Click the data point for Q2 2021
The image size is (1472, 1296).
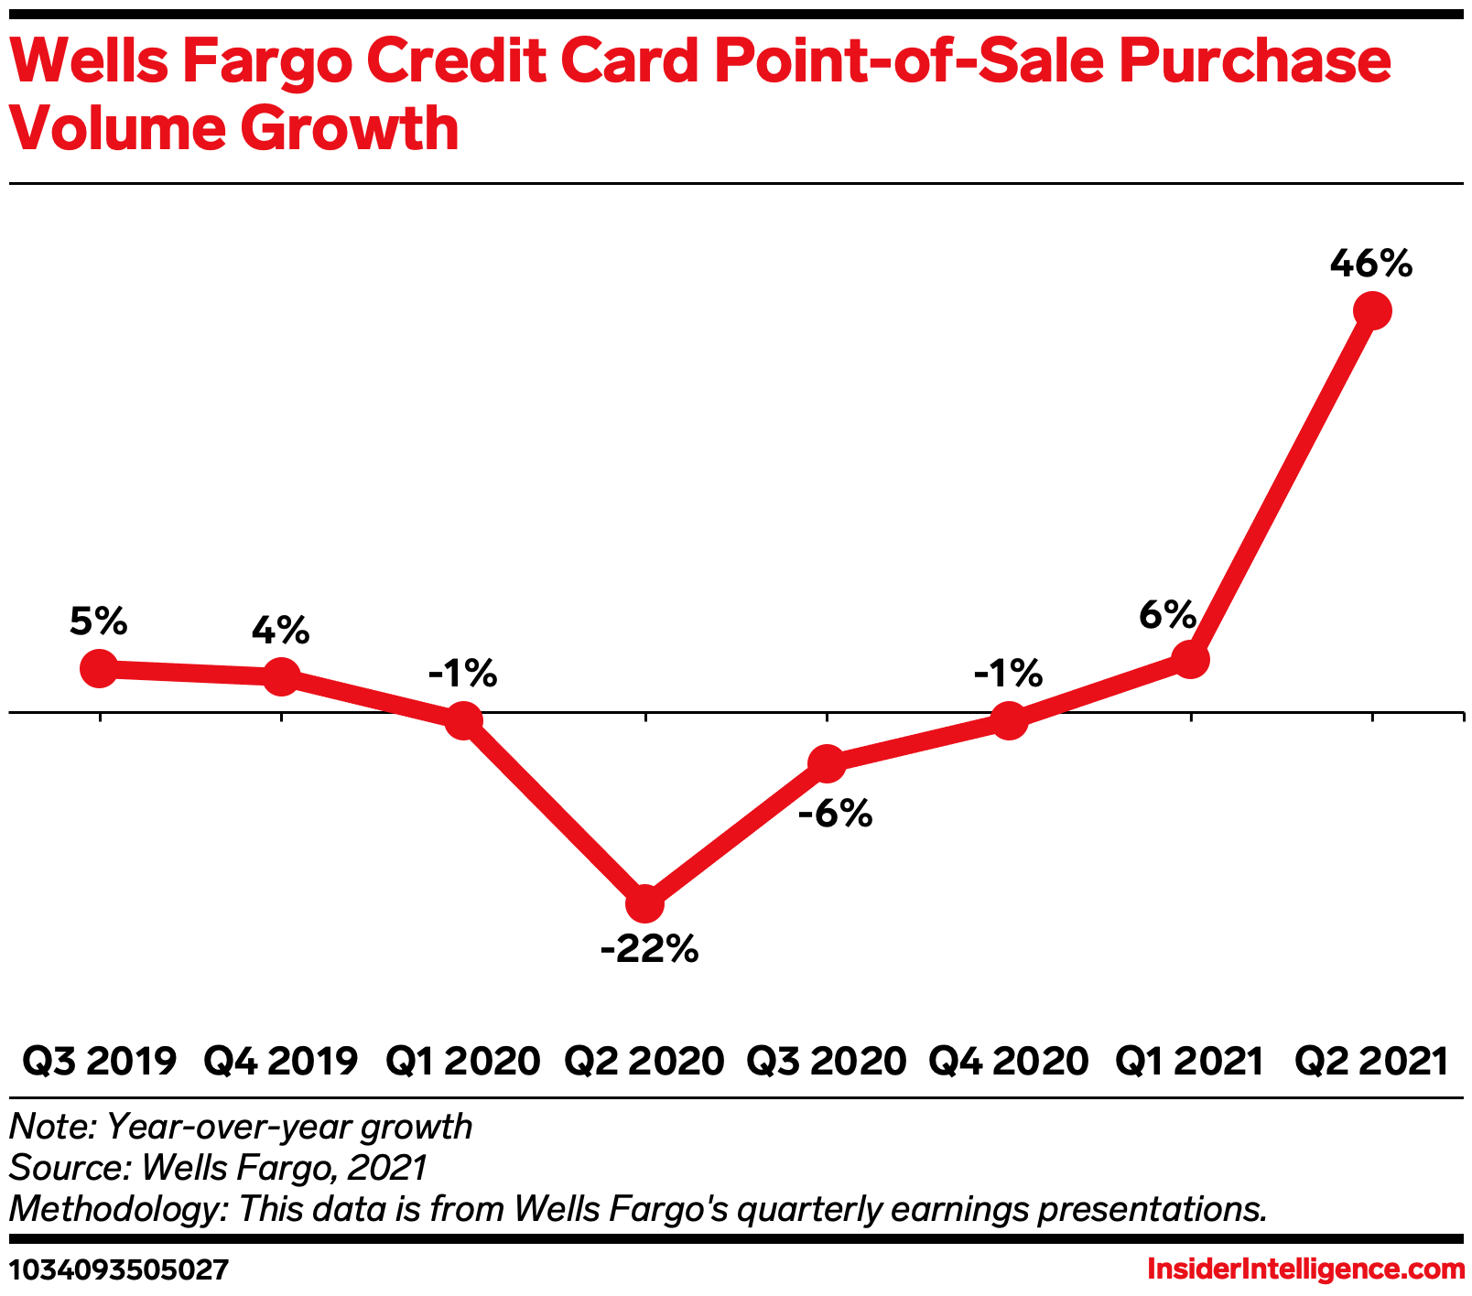point(1372,311)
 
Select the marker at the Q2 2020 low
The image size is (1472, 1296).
point(644,904)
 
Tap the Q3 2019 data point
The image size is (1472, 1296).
point(99,668)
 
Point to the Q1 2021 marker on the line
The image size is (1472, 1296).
point(1190,659)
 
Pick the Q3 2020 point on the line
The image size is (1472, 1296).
point(827,763)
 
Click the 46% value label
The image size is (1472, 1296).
point(1370,265)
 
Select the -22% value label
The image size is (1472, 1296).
point(649,950)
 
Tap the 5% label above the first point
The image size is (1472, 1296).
point(98,621)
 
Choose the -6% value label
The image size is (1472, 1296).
point(834,814)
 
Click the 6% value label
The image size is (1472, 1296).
point(1167,614)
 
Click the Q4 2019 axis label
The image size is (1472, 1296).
point(280,1062)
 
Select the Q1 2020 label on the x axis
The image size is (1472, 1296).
point(462,1062)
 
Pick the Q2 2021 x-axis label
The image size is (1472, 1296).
point(1372,1062)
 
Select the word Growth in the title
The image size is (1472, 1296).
point(349,130)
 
